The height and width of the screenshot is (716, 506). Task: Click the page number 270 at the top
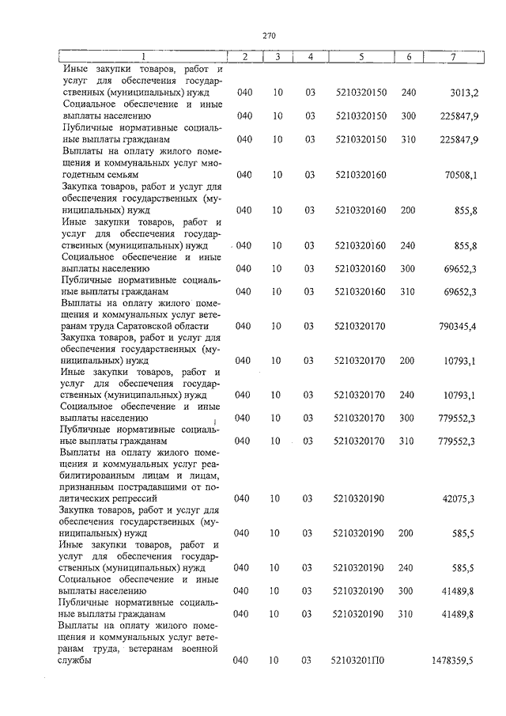pos(268,35)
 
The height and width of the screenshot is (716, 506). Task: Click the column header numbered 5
pos(361,56)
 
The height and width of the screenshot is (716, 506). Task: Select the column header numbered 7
pos(453,56)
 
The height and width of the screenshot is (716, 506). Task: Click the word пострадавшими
pos(142,487)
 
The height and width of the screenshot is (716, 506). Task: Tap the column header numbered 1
pos(143,56)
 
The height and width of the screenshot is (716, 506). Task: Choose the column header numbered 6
pos(409,56)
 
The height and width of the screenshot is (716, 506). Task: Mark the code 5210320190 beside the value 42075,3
pos(361,498)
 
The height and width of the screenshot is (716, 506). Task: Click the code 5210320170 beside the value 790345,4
pos(361,326)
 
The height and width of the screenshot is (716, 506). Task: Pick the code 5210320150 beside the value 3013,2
pos(361,93)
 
